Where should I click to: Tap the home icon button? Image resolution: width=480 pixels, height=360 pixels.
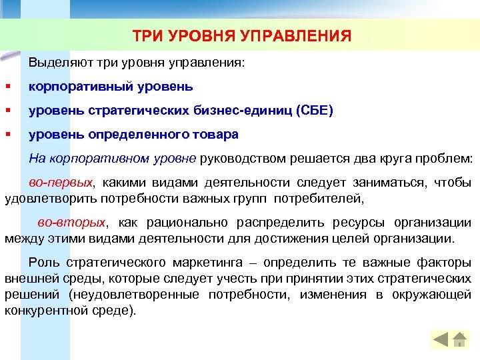tap(459, 339)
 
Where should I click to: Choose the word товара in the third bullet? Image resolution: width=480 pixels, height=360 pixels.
tap(215, 135)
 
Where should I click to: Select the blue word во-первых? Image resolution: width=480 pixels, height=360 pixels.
tap(61, 182)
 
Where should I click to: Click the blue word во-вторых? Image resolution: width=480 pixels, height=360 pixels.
tap(71, 223)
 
